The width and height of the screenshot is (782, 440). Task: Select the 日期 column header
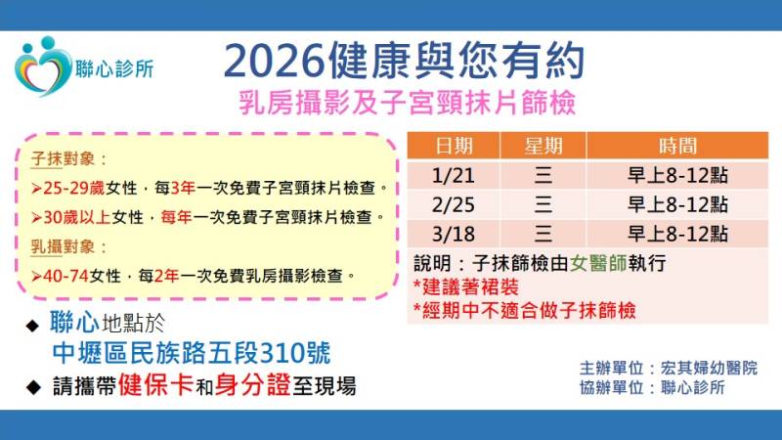tap(454, 147)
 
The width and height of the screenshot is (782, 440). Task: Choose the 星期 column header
tap(543, 147)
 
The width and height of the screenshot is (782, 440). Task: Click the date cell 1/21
tap(454, 176)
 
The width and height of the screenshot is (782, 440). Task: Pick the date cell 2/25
tap(454, 204)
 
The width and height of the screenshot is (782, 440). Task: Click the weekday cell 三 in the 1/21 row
tap(543, 176)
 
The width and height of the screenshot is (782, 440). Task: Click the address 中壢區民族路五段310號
tap(192, 354)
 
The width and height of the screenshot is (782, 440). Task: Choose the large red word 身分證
tap(258, 385)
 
